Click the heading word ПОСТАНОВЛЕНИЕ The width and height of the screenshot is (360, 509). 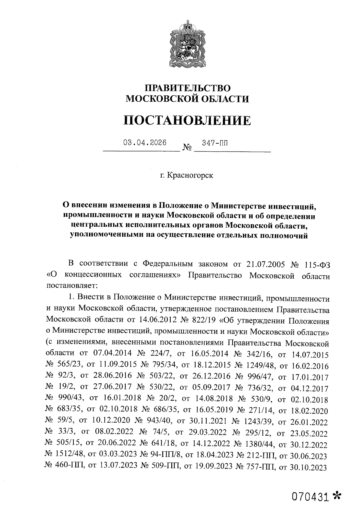pyautogui.click(x=187, y=120)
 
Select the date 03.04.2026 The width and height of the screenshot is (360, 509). pyautogui.click(x=145, y=143)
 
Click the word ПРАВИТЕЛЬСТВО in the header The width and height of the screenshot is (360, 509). pyautogui.click(x=188, y=88)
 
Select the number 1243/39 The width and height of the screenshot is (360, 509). pyautogui.click(x=258, y=422)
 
